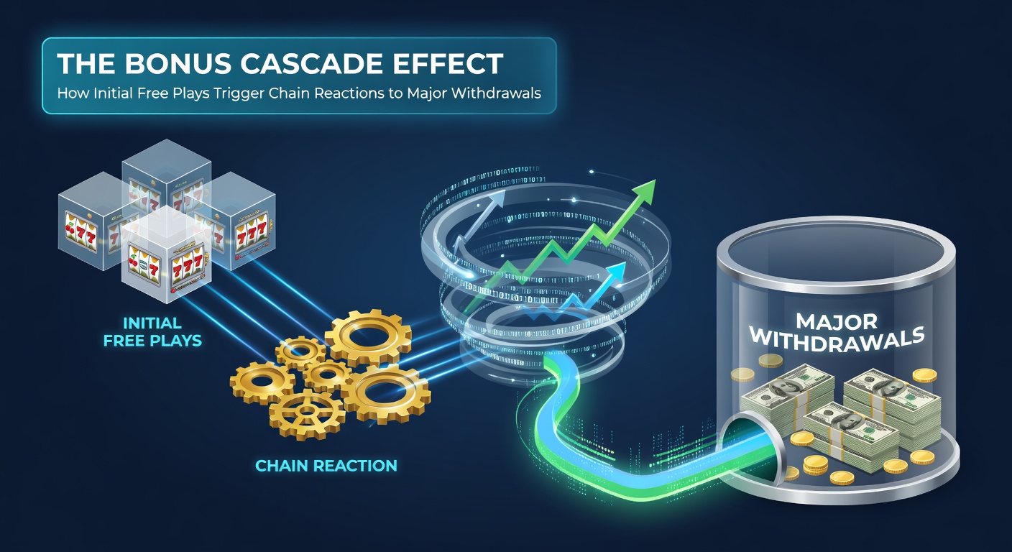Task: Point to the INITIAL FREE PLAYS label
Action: click(x=152, y=331)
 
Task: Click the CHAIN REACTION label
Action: click(x=326, y=466)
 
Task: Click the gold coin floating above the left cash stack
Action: click(x=766, y=360)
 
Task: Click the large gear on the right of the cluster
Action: click(x=386, y=393)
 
